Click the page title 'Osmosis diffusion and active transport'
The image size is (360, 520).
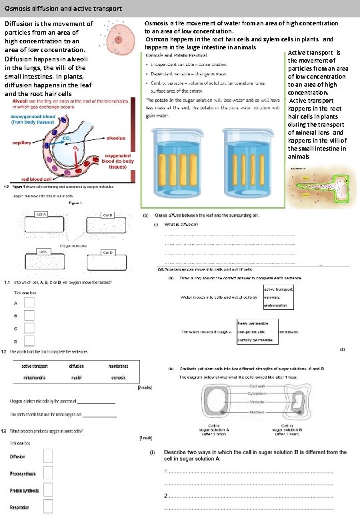pyautogui.click(x=63, y=8)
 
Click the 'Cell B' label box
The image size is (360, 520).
pyautogui.click(x=107, y=215)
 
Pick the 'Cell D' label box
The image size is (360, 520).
pyautogui.click(x=107, y=253)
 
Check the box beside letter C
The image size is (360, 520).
pyautogui.click(x=29, y=329)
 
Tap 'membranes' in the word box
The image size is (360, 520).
pyautogui.click(x=118, y=366)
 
